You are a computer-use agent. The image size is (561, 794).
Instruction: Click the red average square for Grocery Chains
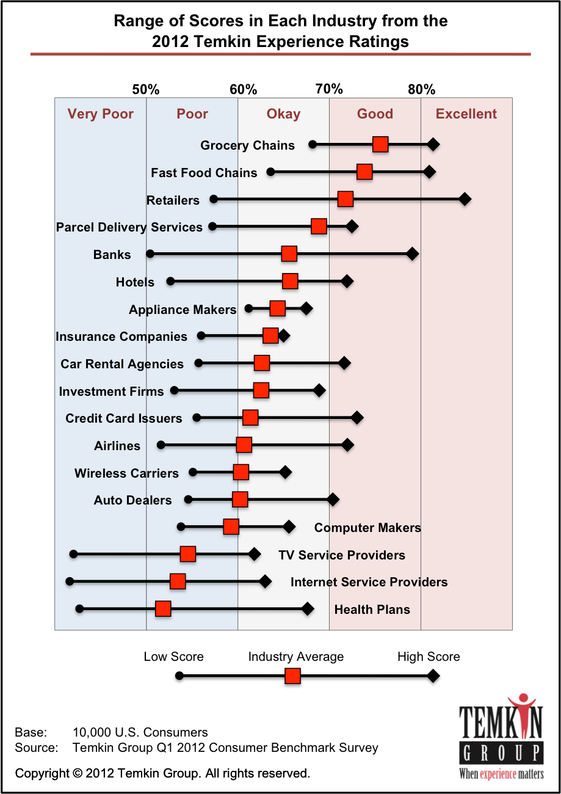click(380, 144)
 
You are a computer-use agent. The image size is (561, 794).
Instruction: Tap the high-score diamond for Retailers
click(465, 199)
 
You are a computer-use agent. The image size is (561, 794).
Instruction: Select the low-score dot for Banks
click(150, 253)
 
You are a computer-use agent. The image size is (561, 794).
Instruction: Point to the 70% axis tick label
click(329, 90)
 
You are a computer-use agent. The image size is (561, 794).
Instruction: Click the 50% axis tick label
click(146, 90)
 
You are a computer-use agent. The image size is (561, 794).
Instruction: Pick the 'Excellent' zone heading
click(466, 114)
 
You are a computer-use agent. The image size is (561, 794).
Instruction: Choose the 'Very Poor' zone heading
click(101, 114)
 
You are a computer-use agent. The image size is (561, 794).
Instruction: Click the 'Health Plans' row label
click(372, 610)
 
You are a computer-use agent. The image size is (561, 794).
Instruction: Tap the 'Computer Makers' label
click(367, 528)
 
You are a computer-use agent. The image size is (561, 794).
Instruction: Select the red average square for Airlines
click(244, 445)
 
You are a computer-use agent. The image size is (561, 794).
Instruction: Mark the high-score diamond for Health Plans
click(308, 608)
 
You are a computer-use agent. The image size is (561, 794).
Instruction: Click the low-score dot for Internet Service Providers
click(70, 581)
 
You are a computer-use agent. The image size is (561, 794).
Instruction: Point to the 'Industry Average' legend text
click(295, 657)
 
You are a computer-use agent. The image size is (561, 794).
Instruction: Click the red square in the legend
click(293, 677)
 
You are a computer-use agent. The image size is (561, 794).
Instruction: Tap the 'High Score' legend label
click(429, 657)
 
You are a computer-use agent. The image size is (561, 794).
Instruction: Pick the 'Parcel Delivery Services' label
click(129, 227)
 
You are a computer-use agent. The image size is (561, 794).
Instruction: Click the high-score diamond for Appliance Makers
click(306, 308)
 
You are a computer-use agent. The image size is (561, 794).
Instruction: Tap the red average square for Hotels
click(291, 281)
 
